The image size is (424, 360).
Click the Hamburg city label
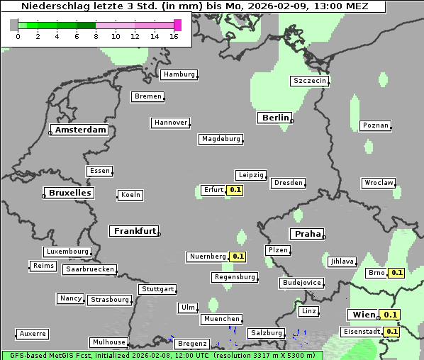tap(178, 74)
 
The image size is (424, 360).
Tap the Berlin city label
tap(274, 118)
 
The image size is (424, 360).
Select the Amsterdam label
tap(79, 130)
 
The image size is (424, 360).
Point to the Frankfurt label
tap(134, 231)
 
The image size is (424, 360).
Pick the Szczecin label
tap(310, 81)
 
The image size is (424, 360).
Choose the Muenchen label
tap(221, 319)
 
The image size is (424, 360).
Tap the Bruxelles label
tap(69, 193)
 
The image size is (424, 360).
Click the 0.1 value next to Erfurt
tap(235, 190)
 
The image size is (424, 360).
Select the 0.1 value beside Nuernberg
tap(238, 257)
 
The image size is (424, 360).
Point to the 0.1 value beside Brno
tap(396, 273)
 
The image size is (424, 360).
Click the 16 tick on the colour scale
tap(174, 36)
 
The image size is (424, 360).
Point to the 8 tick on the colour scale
tap(96, 36)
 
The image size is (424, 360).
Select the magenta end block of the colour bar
tap(177, 25)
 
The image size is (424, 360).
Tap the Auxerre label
tap(33, 333)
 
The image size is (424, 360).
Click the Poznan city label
tap(375, 125)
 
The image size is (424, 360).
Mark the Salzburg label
tap(266, 333)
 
